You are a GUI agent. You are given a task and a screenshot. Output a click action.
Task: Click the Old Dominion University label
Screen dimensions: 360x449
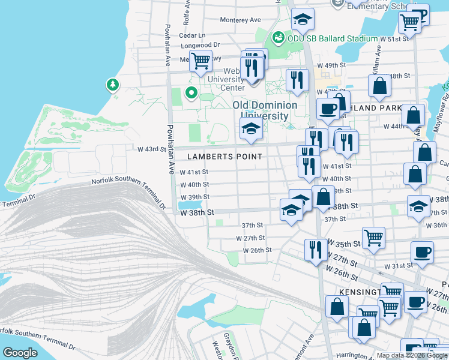pyautogui.click(x=265, y=110)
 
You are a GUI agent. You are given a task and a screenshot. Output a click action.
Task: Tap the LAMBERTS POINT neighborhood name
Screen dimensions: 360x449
pyautogui.click(x=224, y=157)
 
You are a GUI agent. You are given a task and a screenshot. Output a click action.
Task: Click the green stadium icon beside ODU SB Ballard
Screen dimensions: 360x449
pyautogui.click(x=277, y=38)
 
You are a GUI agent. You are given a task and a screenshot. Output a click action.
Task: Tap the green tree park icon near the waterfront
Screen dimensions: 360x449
pyautogui.click(x=112, y=85)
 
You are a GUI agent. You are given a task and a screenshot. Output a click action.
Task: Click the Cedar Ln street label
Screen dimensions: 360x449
pyautogui.click(x=193, y=35)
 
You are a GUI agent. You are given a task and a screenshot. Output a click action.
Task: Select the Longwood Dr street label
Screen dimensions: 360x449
pyautogui.click(x=200, y=45)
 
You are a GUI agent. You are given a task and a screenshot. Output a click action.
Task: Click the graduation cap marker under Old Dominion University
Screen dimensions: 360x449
pyautogui.click(x=251, y=128)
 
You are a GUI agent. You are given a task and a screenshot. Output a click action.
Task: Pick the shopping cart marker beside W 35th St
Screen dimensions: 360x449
pyautogui.click(x=373, y=237)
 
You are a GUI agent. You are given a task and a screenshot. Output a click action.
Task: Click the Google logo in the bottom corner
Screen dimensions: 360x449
pyautogui.click(x=20, y=353)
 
